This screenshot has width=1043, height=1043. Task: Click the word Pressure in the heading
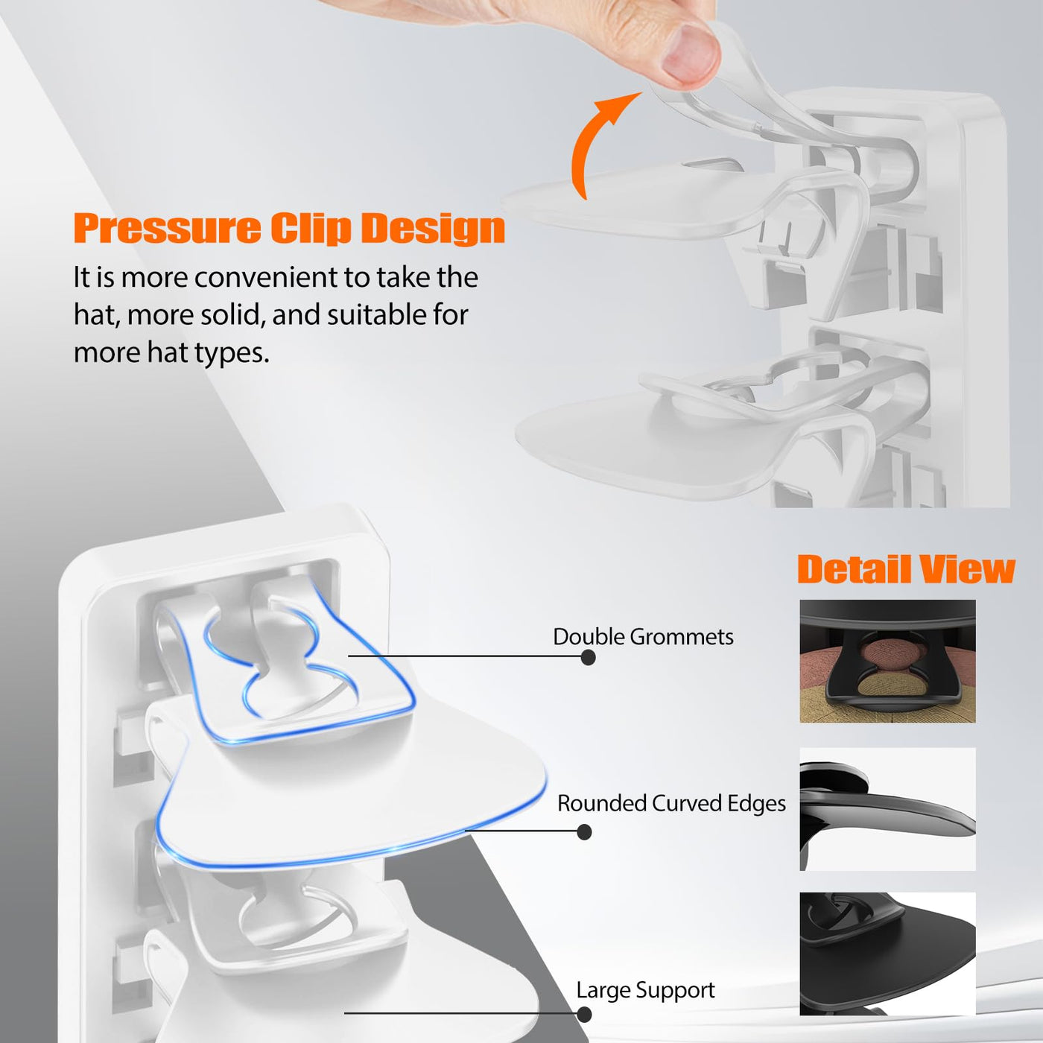coord(167,229)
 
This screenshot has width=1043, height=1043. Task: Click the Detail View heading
coord(905,569)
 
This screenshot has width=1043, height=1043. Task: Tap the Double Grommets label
coord(643,636)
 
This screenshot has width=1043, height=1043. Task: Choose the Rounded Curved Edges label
coord(671,803)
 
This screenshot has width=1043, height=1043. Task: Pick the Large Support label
coord(645,990)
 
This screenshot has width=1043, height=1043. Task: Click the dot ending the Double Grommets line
coord(588,658)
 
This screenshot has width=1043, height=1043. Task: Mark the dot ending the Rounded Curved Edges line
coord(583,832)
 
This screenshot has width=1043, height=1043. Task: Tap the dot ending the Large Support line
coord(583,1014)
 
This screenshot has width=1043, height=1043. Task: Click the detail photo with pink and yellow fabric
coord(887,661)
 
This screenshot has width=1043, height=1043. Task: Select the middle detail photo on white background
coord(887,809)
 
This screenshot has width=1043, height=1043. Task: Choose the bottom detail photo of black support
coord(887,954)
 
